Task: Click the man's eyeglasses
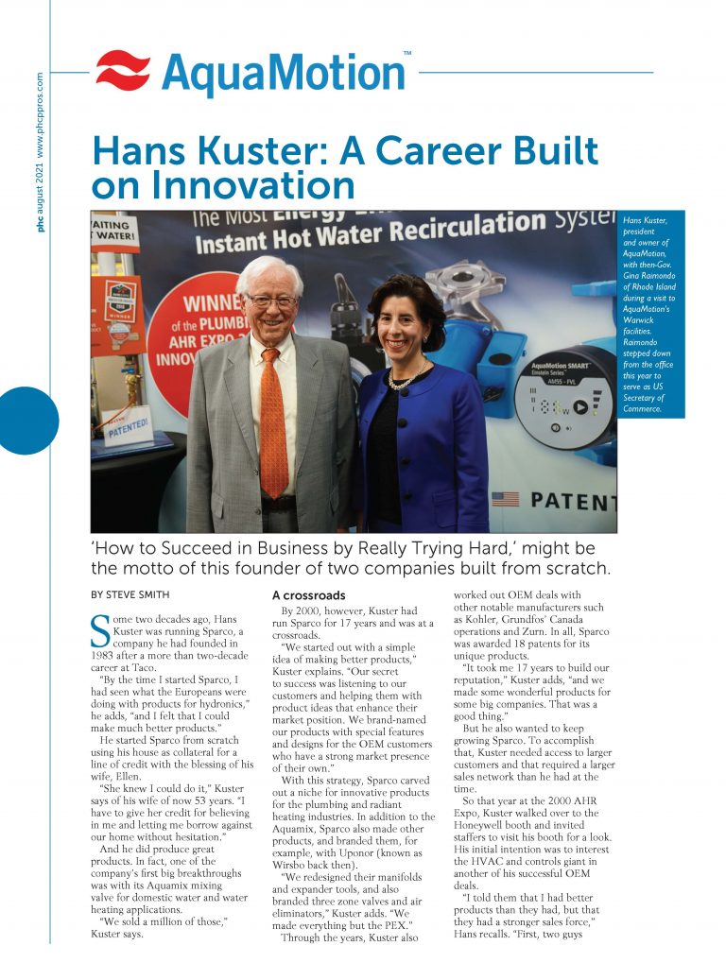(271, 301)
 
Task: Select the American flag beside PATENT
(505, 498)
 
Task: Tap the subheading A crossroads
(308, 595)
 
